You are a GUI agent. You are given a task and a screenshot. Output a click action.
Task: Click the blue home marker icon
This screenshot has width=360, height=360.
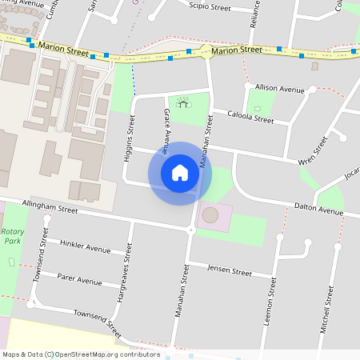(180, 173)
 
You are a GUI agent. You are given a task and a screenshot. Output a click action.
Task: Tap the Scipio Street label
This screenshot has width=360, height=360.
(210, 7)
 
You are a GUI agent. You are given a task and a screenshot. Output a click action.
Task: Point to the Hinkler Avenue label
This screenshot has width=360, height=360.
(85, 246)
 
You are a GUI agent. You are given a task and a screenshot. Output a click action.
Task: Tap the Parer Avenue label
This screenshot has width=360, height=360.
(79, 279)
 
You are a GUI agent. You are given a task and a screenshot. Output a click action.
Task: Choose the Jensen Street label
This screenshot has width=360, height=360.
(230, 270)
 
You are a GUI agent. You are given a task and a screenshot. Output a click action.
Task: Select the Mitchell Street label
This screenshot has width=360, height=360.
(326, 308)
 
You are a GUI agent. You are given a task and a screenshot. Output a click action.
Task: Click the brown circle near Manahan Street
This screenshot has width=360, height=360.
(210, 215)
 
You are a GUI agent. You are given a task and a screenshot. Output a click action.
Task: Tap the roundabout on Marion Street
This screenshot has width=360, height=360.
(206, 53)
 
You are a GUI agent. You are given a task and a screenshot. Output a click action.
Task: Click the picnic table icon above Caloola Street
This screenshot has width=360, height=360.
(183, 102)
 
